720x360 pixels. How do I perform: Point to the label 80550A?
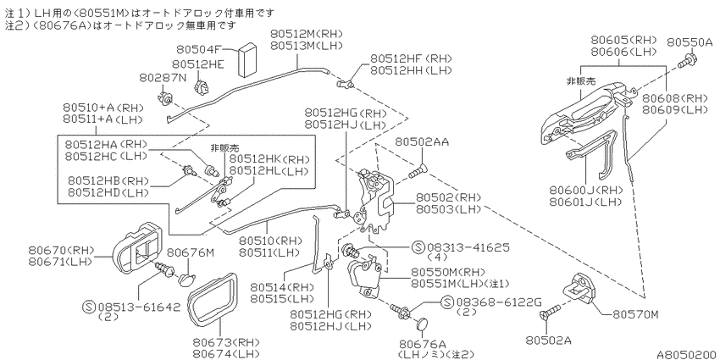[690, 42]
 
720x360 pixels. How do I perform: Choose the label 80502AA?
[422, 142]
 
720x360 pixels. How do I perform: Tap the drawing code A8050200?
[685, 354]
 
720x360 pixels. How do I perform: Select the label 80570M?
[635, 314]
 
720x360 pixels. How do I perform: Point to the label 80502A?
[548, 341]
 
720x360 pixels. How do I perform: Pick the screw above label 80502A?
[549, 313]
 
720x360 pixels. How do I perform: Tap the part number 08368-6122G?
[498, 302]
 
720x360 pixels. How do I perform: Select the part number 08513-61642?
[139, 307]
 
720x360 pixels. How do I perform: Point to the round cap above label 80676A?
[422, 324]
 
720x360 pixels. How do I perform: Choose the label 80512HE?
[198, 64]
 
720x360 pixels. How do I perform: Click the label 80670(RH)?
[61, 250]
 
